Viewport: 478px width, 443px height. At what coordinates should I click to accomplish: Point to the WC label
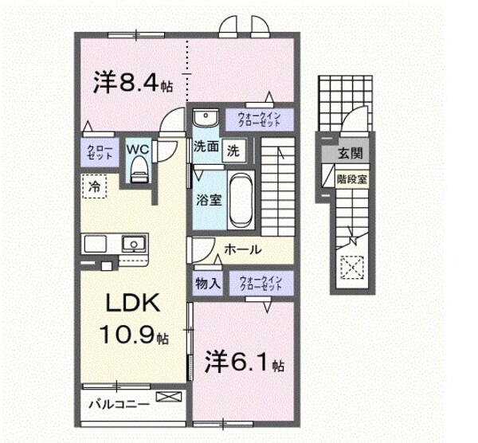(136, 148)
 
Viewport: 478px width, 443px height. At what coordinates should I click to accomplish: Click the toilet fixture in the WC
(138, 168)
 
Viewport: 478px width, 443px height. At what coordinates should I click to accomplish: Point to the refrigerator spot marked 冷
(94, 187)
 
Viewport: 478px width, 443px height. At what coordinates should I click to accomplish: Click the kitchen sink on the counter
(132, 244)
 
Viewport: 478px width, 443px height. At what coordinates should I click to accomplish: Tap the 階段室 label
(351, 179)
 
